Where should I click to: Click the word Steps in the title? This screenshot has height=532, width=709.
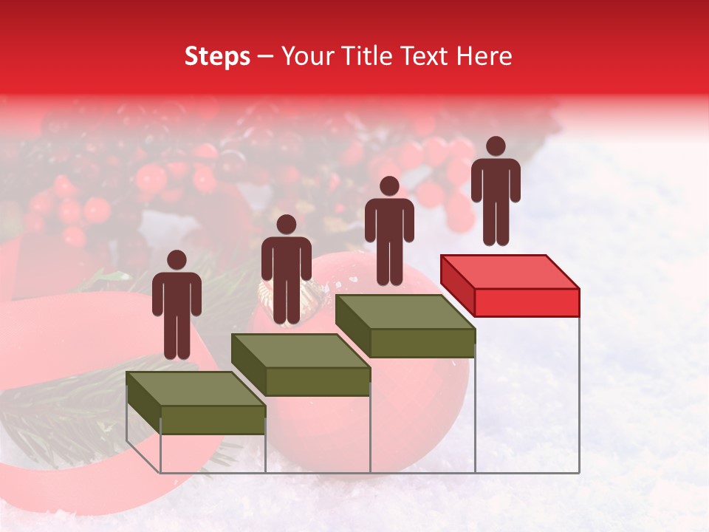[217, 57]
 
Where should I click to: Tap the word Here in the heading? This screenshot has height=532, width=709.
[484, 56]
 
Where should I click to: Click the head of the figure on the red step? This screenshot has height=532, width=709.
[496, 146]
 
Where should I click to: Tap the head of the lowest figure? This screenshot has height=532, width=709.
[177, 260]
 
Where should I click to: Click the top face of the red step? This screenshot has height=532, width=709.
[510, 271]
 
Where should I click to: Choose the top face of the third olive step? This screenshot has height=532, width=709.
[405, 312]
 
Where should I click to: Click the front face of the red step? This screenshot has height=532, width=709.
[527, 302]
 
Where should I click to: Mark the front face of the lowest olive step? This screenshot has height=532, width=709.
[213, 420]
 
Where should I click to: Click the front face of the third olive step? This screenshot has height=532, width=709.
[422, 343]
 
